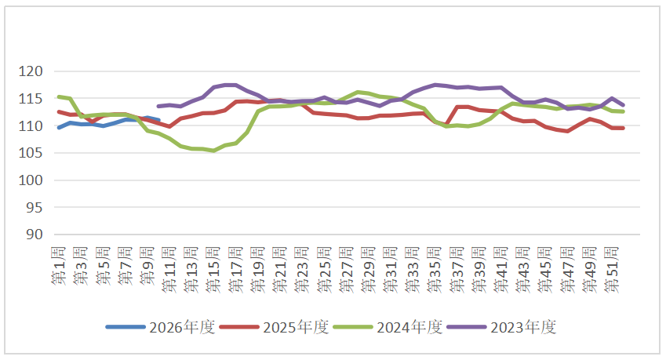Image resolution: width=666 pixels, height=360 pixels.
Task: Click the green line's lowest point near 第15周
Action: point(214,151)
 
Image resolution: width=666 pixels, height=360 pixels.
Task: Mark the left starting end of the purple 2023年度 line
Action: point(158,106)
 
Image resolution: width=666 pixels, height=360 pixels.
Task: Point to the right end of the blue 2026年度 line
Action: point(158,120)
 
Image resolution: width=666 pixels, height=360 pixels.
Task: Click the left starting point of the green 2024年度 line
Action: point(59,96)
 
